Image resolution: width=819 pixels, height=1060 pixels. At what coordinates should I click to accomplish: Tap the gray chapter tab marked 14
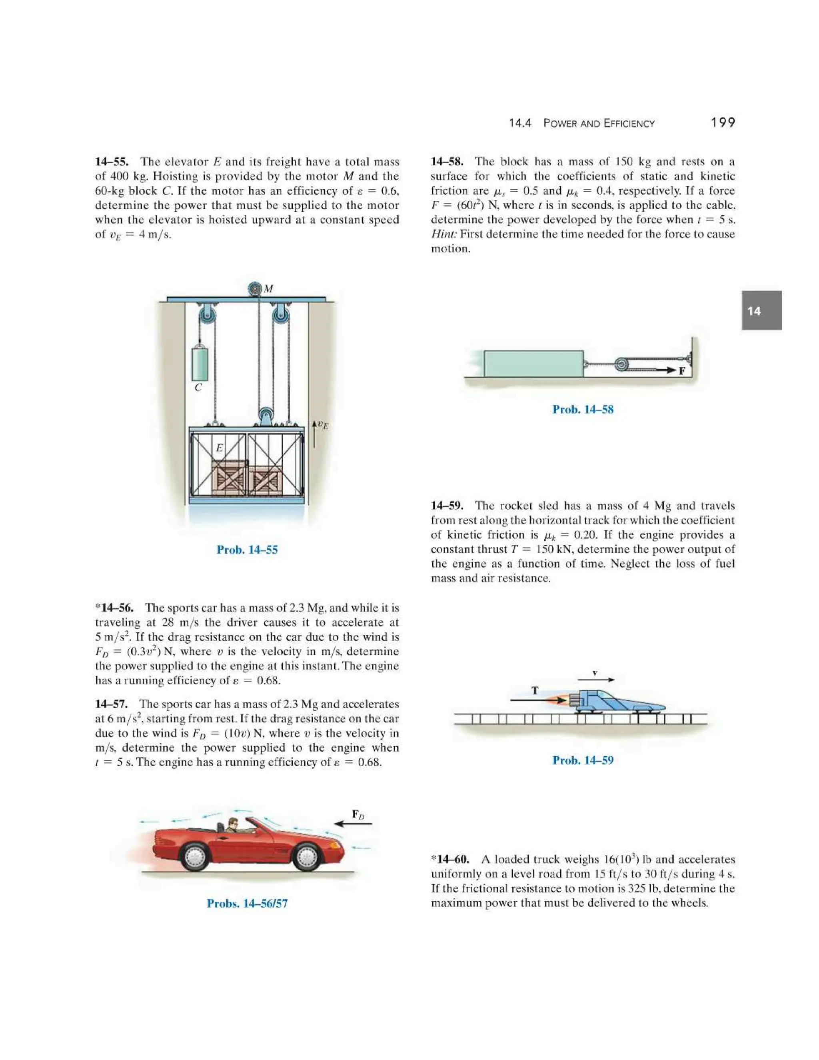761,311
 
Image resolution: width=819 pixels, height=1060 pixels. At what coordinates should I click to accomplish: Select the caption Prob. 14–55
247,550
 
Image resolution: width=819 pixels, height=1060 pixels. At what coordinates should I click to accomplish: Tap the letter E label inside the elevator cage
219,448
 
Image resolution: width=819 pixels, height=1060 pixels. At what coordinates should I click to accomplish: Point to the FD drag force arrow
353,824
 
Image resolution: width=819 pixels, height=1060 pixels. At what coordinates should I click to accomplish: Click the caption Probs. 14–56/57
247,903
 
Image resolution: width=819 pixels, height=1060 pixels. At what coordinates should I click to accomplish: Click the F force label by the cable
682,371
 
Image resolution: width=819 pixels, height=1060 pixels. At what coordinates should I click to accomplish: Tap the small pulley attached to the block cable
621,364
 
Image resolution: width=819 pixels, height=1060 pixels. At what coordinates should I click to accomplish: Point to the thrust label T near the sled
535,690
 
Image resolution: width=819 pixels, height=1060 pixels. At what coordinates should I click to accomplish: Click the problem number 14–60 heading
452,859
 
